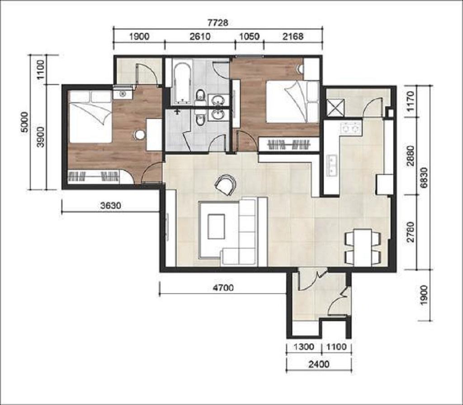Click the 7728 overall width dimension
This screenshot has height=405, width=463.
point(218,23)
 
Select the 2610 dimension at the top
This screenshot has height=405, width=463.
point(200,37)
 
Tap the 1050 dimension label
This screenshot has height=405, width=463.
point(249,37)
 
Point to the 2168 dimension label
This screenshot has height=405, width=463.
point(293,37)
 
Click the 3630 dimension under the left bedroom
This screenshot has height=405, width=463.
point(111,206)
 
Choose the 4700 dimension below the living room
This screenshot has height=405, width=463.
point(223,287)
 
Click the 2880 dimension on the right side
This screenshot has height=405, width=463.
point(411,156)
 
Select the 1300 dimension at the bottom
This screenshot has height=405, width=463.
point(304,347)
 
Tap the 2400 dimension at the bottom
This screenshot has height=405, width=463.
point(319,365)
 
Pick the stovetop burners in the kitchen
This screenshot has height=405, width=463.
point(351,128)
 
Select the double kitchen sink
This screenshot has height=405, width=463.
point(332,165)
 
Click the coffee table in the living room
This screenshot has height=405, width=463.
point(216,226)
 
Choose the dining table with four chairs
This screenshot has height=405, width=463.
point(363,247)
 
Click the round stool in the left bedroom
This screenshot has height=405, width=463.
point(140,135)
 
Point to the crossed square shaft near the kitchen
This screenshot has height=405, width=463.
point(335,107)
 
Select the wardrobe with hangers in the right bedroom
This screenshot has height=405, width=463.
point(289,145)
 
